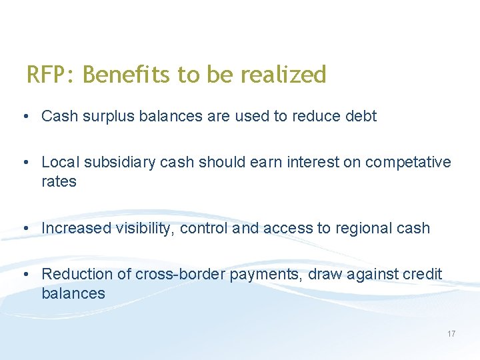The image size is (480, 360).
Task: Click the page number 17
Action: pyautogui.click(x=451, y=333)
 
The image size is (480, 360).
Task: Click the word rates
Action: pyautogui.click(x=59, y=181)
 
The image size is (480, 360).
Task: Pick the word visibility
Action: pyautogui.click(x=145, y=228)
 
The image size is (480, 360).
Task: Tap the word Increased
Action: pyautogui.click(x=76, y=228)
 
